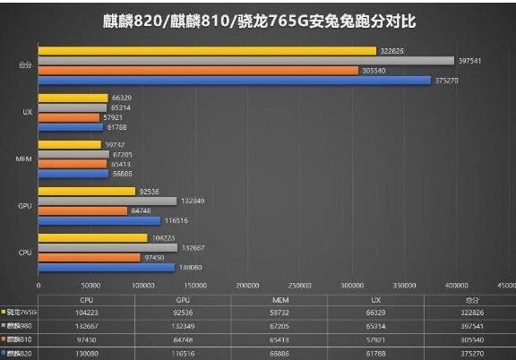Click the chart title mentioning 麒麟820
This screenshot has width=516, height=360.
(257, 19)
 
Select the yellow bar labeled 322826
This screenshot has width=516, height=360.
(207, 51)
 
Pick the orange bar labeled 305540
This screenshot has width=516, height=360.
(198, 70)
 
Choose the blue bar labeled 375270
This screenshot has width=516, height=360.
(234, 80)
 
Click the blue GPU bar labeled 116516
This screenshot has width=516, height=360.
(99, 220)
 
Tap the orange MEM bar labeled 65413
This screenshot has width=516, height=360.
(73, 164)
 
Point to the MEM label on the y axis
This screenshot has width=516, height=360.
(25, 159)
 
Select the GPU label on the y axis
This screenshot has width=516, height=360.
(26, 205)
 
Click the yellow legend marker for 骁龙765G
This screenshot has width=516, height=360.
(4, 312)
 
